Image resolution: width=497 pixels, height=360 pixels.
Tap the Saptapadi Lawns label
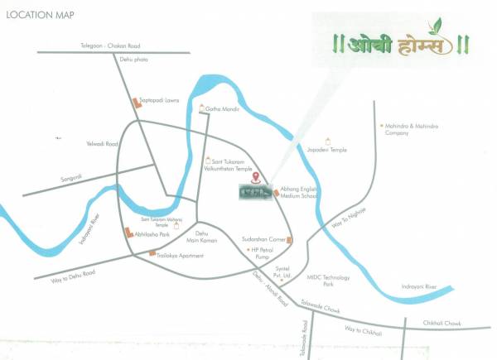point(162,99)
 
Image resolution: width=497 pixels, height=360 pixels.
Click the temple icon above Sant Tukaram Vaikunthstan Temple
point(207,158)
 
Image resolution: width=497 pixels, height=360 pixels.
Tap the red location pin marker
point(256,176)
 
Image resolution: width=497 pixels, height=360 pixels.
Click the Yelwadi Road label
point(103,144)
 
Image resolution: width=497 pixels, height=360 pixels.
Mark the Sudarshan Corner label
point(263,238)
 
